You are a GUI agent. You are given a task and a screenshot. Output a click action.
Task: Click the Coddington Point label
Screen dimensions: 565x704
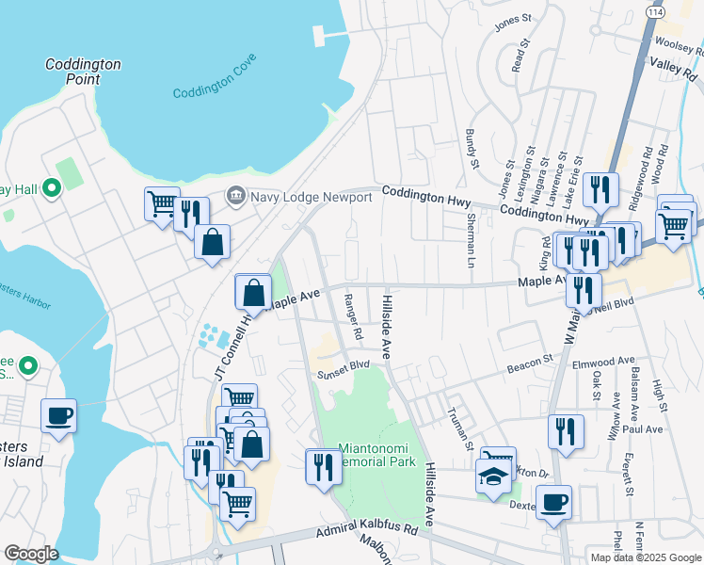[84, 72]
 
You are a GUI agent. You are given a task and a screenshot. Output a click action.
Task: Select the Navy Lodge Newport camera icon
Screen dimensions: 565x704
[235, 196]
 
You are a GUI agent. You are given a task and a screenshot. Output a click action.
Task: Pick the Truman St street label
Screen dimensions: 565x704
[458, 424]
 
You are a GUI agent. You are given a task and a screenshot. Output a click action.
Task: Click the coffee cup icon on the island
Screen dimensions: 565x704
[58, 416]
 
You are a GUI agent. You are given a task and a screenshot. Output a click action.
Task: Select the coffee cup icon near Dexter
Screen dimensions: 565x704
[555, 502]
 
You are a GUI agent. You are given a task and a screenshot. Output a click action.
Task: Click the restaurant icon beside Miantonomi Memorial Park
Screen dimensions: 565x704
[323, 467]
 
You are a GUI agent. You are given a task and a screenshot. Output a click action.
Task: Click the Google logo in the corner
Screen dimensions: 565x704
[31, 554]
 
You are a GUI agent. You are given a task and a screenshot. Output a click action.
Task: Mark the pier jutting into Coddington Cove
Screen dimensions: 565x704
[328, 36]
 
